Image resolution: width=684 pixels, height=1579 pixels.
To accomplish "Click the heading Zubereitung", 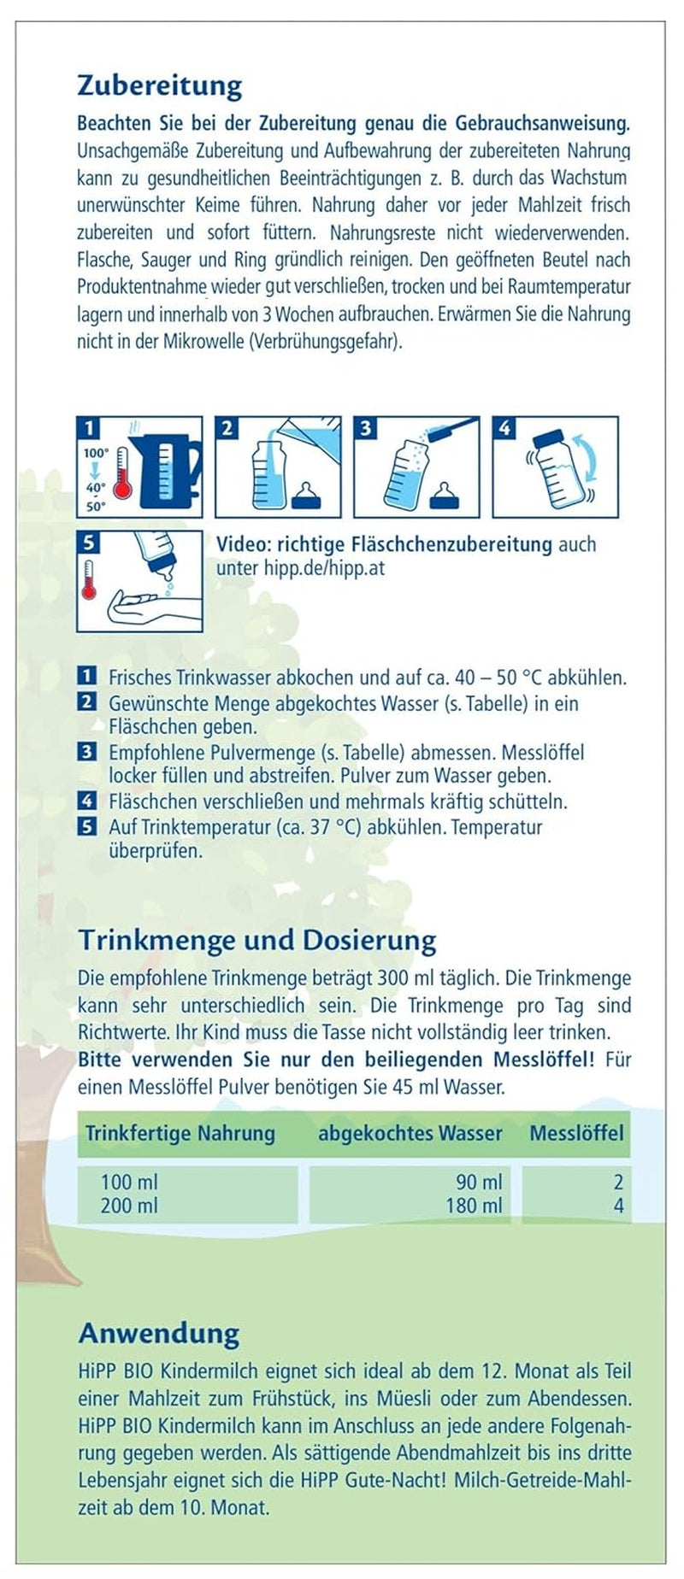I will coord(160,85).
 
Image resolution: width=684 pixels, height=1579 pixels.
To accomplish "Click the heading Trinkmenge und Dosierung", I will coord(256,940).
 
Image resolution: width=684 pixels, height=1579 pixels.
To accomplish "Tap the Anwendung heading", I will coord(159,1333).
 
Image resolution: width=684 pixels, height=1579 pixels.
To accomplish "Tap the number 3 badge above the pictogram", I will coord(365,428).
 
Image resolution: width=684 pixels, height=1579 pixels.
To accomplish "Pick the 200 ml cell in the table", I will coord(129,1206).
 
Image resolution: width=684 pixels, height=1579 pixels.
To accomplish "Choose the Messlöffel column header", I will coord(576,1134).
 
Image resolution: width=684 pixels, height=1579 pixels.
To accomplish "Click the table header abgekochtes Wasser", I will coord(410,1134).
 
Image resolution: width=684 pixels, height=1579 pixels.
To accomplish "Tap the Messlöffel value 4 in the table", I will coord(618,1206).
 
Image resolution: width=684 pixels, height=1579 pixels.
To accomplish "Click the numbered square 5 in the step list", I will coord(86,826).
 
